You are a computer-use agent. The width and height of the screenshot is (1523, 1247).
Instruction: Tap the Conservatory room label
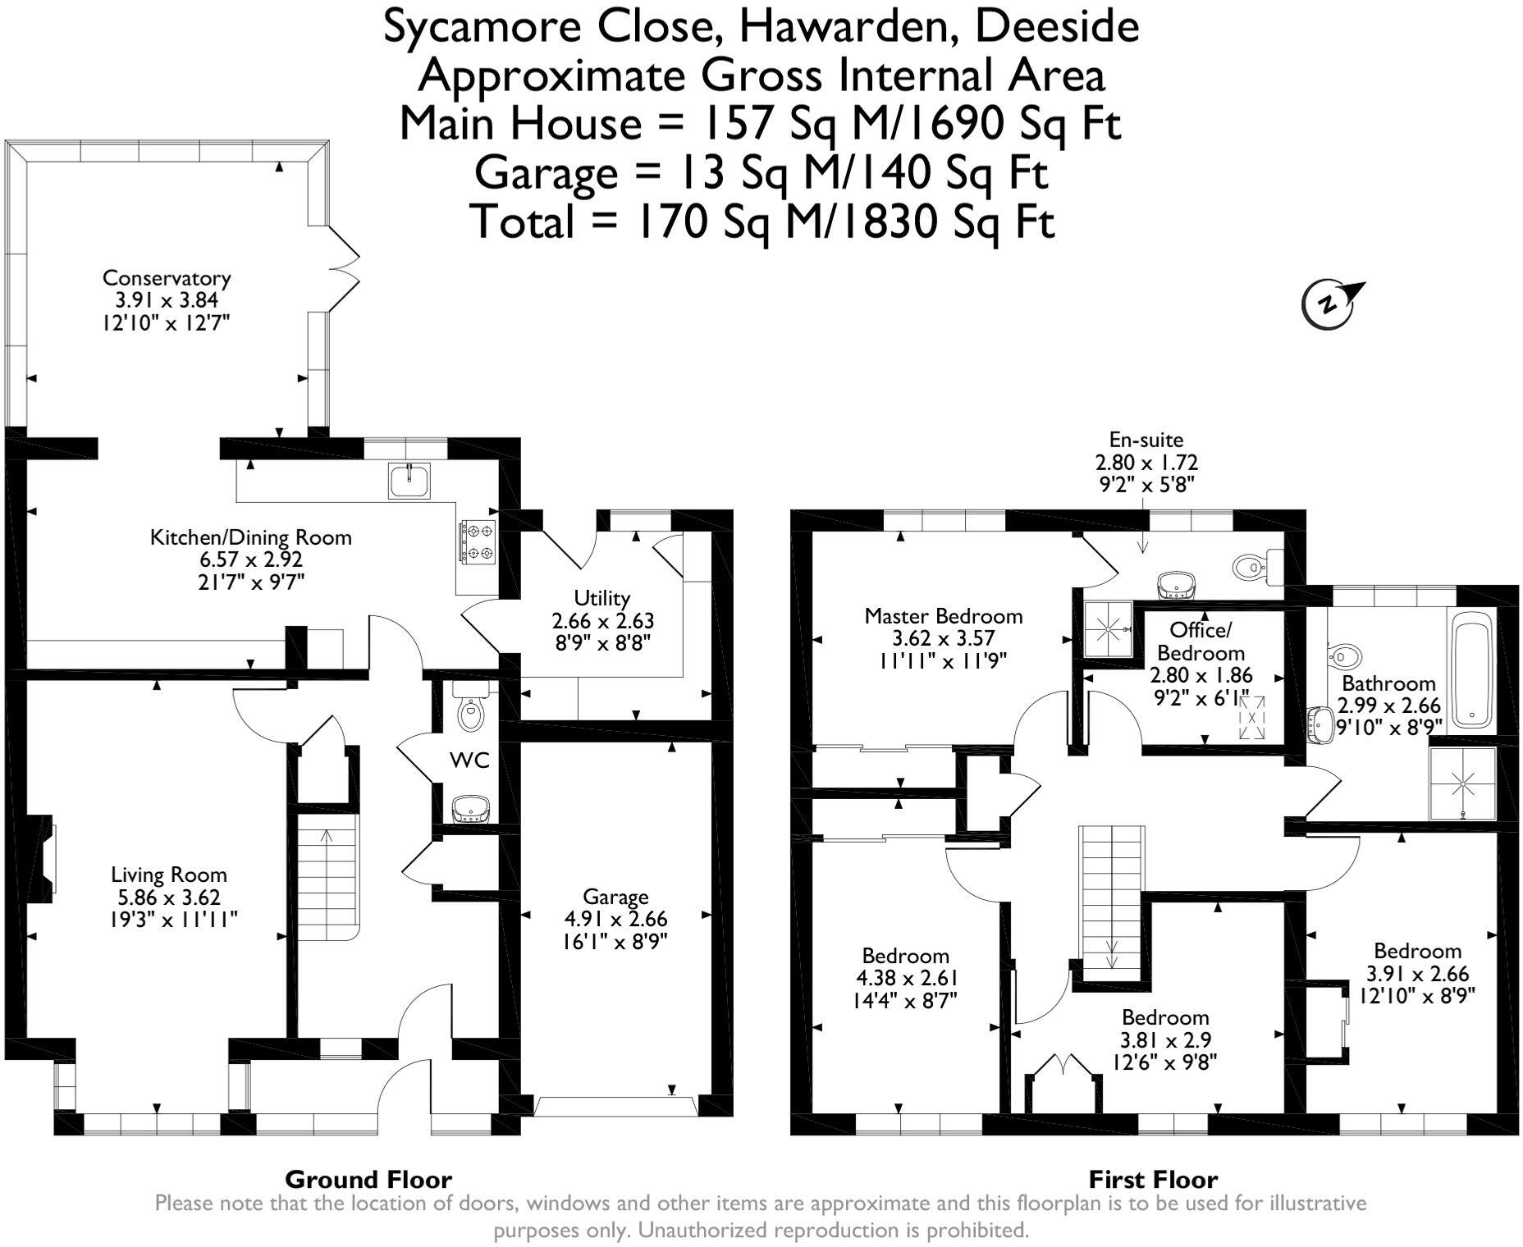(166, 277)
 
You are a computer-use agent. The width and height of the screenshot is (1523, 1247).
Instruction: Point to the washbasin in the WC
(470, 808)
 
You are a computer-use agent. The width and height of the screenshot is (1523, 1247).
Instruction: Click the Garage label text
(615, 897)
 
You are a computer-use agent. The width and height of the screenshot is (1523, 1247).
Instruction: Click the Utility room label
(601, 597)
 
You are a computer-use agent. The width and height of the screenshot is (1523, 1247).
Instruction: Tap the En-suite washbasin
(1176, 585)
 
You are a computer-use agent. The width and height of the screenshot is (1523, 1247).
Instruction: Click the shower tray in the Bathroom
(1463, 783)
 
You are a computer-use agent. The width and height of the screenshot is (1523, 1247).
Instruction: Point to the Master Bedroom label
(943, 615)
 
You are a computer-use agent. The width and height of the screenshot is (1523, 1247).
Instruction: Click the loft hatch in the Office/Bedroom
(1251, 717)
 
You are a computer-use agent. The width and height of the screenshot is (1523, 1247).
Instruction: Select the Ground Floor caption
(368, 1180)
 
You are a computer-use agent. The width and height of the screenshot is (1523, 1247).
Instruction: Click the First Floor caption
(1152, 1180)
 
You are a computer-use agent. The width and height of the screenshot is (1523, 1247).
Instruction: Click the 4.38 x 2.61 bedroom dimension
(907, 978)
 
